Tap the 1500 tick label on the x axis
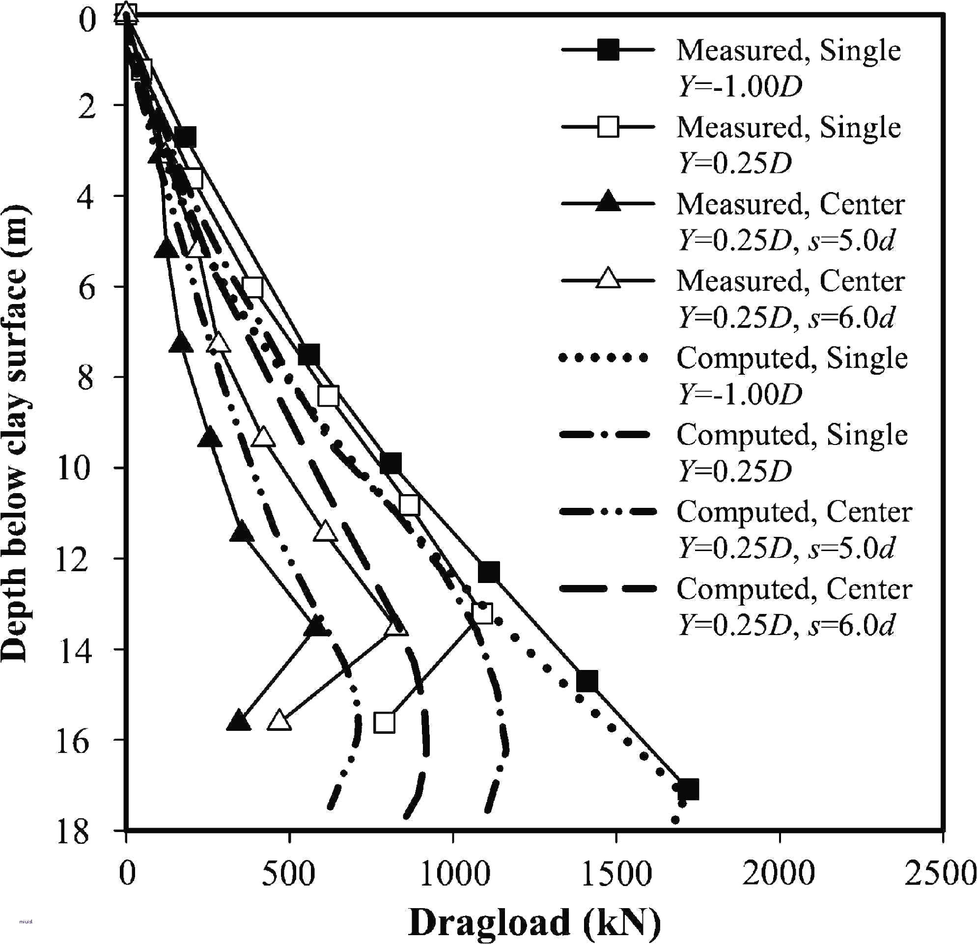pos(616,874)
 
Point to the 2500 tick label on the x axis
pos(942,874)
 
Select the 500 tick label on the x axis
pos(289,874)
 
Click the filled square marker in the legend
pos(608,50)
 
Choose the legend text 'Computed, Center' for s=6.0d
pos(794,589)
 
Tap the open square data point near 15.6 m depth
pos(384,722)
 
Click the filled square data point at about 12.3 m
pos(488,572)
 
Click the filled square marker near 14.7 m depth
pos(586,681)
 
